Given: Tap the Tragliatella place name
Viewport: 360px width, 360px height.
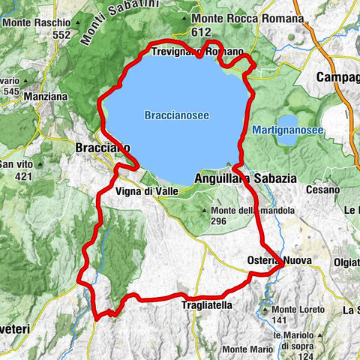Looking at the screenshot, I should pos(207,305).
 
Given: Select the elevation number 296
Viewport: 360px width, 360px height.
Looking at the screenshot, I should pos(220,221).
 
